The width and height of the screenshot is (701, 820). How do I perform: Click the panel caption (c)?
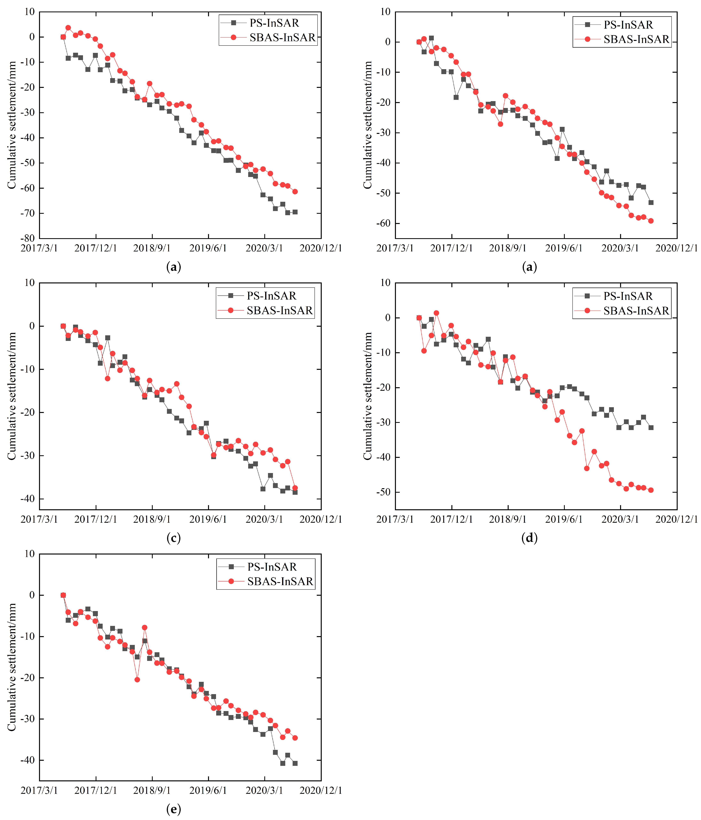pos(173,538)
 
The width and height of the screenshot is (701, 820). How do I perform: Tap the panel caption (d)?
pos(530,538)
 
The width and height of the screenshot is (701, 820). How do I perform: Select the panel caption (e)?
pos(173,809)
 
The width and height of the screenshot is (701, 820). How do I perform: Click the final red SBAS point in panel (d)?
pos(651,490)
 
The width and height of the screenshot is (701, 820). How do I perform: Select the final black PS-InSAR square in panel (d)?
pos(651,427)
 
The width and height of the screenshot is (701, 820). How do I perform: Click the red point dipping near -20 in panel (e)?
pos(137,680)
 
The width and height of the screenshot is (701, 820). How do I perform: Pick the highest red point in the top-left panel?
pos(68,28)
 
